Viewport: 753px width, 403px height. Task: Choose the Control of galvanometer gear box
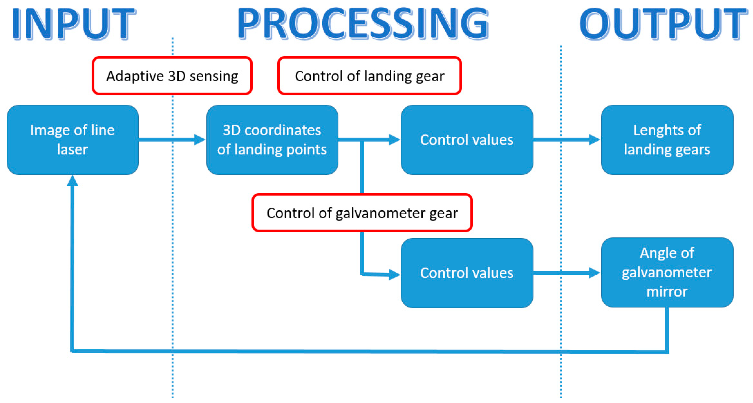click(362, 213)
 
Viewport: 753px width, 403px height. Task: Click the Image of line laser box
click(73, 140)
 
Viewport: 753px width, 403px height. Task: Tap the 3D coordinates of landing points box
click(272, 140)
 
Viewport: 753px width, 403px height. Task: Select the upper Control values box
click(467, 140)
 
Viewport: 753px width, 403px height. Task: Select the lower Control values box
click(467, 273)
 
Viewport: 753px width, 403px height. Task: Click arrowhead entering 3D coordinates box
click(200, 140)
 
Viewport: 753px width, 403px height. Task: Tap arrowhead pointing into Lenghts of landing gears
click(594, 140)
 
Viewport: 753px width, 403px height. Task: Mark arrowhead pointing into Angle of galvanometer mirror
click(594, 273)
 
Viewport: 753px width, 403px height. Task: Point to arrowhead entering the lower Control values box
click(395, 274)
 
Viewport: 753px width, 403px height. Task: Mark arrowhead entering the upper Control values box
click(395, 140)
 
